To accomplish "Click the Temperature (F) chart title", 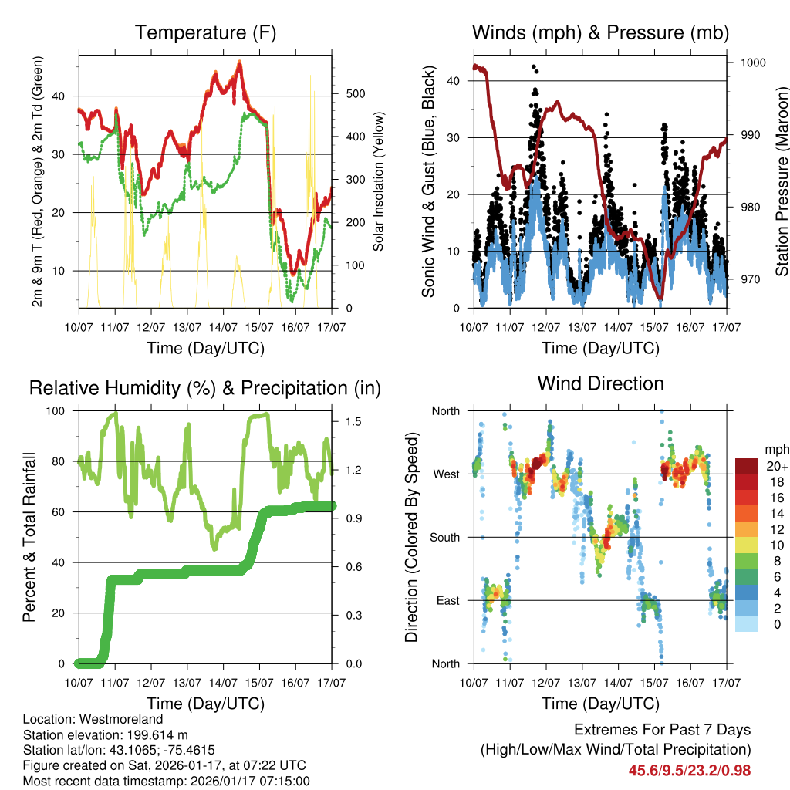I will pos(205,32).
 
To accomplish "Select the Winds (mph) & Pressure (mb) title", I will pos(600,32).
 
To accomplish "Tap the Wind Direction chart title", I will pos(600,383).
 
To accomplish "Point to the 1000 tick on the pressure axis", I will pos(751,63).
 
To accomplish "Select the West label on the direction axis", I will pos(446,474).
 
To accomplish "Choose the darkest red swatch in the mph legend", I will pos(746,466).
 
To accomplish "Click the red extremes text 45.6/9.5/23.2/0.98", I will pos(689,770).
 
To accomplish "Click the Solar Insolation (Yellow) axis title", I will pos(379,182).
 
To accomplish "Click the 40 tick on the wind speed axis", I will pos(454,80).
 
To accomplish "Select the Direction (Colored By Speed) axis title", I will pos(413,537).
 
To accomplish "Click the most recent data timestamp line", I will pos(167,781).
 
